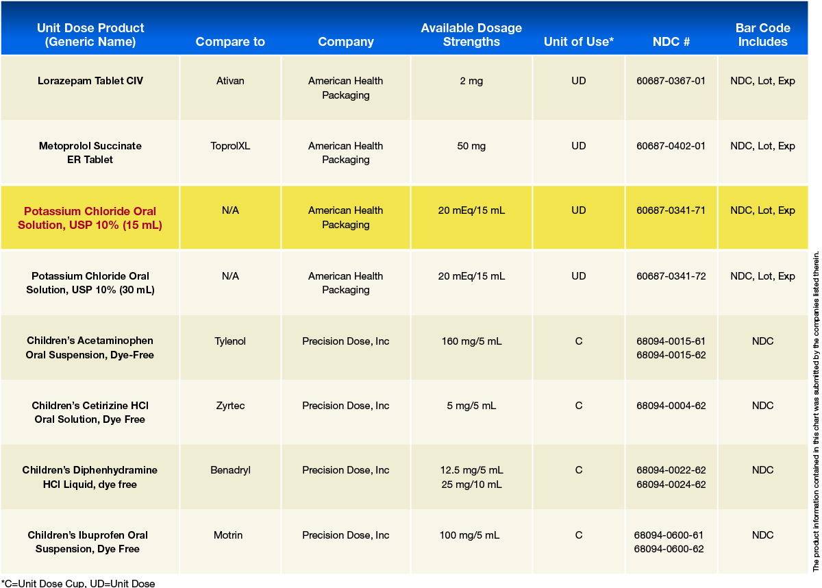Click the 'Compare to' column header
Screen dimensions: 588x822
point(230,42)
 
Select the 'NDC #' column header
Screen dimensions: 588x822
point(671,42)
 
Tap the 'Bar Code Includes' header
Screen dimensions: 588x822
point(762,35)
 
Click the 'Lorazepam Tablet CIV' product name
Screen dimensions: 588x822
point(90,81)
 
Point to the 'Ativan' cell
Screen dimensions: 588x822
point(230,81)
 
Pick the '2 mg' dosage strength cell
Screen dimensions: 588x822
point(471,81)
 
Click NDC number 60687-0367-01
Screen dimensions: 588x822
point(671,81)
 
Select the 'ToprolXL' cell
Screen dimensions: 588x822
point(230,146)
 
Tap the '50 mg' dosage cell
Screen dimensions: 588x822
point(471,146)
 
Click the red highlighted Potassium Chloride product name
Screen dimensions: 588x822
point(90,218)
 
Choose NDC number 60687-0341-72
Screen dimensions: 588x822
point(671,276)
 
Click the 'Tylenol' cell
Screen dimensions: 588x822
point(230,341)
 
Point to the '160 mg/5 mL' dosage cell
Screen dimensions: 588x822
point(471,341)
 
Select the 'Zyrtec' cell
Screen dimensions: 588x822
point(230,406)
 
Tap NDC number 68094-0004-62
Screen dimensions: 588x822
point(671,406)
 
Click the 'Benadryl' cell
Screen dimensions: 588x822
point(230,470)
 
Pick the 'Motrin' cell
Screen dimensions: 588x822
point(230,535)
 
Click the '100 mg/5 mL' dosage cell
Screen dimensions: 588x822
point(471,535)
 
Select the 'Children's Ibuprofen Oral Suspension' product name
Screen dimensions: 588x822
point(88,542)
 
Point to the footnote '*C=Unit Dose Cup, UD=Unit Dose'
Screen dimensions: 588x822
point(78,583)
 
